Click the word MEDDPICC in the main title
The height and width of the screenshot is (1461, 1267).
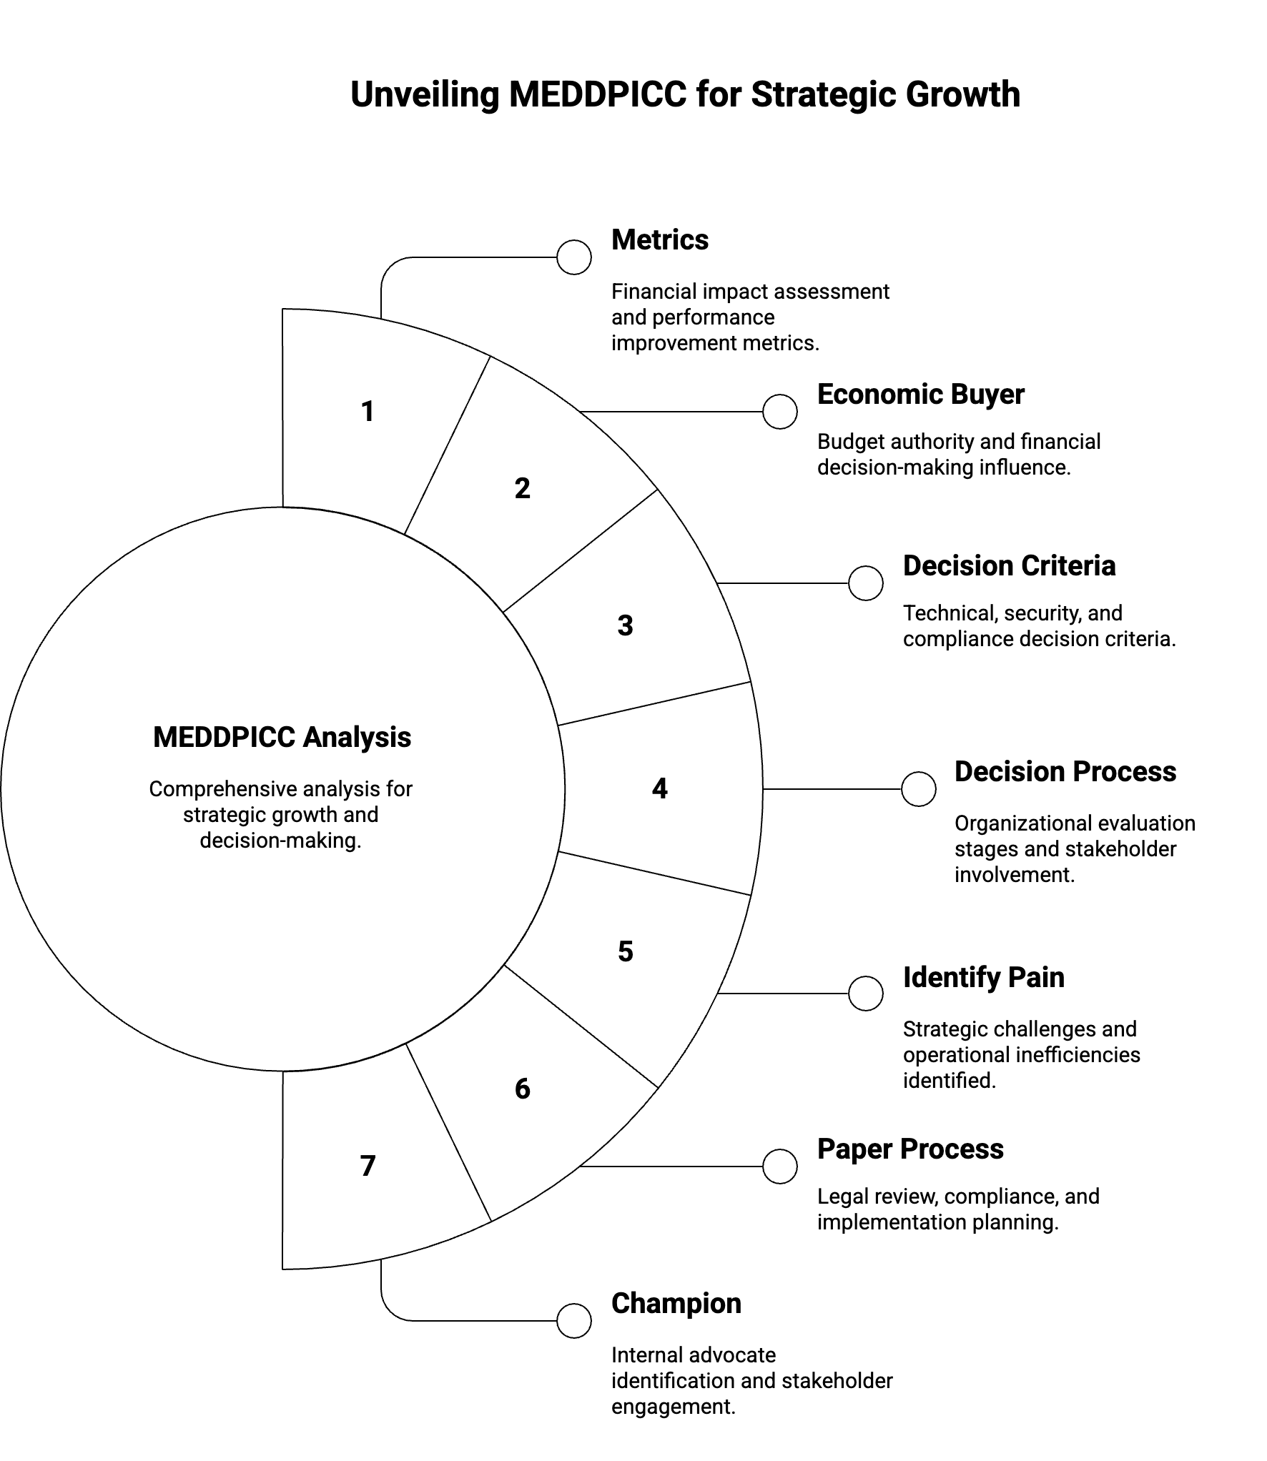(x=597, y=95)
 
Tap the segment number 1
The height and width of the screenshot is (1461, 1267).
(x=368, y=412)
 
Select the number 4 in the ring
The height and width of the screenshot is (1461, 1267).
(x=659, y=788)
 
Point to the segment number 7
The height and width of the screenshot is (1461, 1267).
(x=368, y=1166)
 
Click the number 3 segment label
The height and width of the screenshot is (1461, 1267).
(x=625, y=626)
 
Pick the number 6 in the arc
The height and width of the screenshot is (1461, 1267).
(x=522, y=1089)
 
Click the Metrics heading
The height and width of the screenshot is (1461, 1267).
(x=659, y=240)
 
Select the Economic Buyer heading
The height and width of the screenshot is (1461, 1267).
(x=920, y=395)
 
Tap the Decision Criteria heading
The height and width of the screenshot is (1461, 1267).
(x=1009, y=566)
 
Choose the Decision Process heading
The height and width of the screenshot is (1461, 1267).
(x=1065, y=772)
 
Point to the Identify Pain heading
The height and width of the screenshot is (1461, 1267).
(x=983, y=978)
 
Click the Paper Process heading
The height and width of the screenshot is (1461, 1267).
(x=910, y=1149)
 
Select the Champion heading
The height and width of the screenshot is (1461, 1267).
(x=676, y=1304)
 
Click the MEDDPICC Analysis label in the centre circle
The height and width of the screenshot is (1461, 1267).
(x=282, y=738)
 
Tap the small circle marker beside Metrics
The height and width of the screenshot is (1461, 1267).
(x=573, y=257)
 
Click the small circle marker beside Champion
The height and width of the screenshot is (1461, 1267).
(x=573, y=1320)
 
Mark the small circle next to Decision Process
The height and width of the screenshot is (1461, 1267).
(x=918, y=789)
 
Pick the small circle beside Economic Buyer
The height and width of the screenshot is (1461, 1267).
(x=779, y=412)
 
